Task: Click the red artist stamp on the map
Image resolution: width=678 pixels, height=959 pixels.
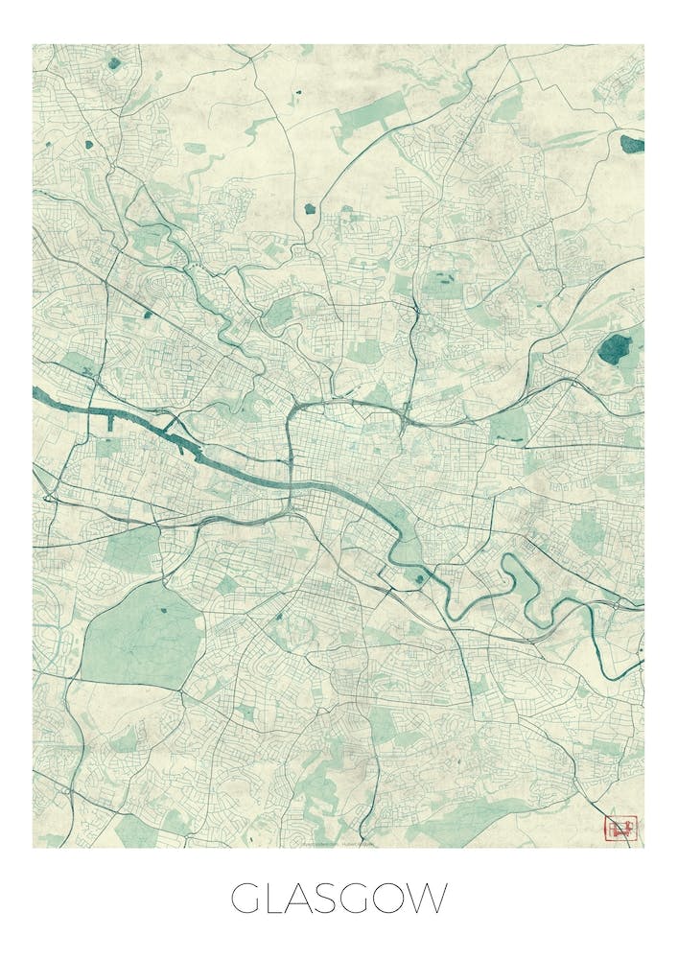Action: click(620, 828)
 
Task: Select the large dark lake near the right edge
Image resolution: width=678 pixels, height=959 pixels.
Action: click(616, 347)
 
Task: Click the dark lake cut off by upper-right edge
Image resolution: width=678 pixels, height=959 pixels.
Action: click(632, 145)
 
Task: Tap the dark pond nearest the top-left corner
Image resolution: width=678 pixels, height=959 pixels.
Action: click(115, 63)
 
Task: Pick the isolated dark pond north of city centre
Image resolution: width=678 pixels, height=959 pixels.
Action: click(310, 208)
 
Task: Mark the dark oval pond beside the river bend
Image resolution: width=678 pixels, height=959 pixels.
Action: click(419, 577)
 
